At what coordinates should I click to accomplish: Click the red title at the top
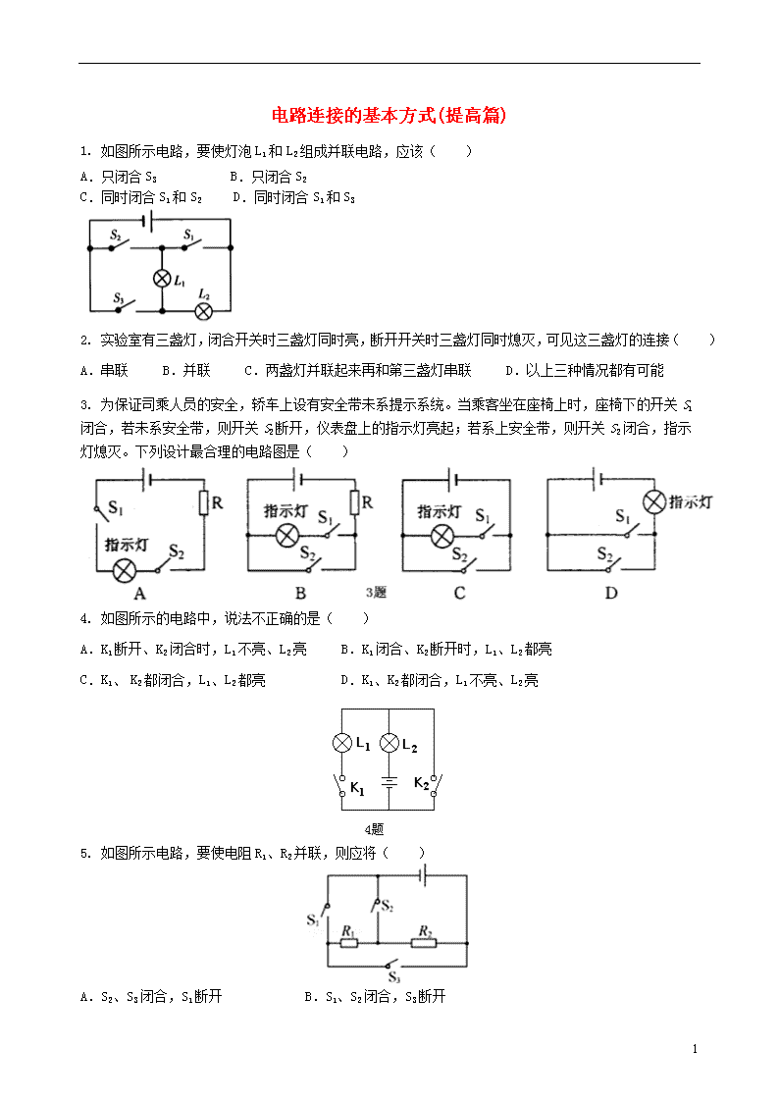389,115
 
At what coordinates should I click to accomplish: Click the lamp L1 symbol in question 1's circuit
162,279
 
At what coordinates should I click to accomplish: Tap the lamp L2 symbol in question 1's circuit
204,311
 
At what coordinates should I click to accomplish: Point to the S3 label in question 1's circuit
118,298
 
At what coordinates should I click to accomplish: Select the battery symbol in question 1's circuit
147,221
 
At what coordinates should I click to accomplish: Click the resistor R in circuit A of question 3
204,503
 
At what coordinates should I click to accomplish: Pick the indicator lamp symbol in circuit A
125,570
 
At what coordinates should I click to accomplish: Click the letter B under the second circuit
300,593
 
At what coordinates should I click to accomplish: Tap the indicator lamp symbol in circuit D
654,502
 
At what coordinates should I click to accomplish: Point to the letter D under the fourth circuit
611,593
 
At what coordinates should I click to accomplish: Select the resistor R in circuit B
355,502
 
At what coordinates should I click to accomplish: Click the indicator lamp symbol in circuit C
441,536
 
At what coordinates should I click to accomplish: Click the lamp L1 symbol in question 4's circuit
342,743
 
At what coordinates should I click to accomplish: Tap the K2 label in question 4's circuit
422,782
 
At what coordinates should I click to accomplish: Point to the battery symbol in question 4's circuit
389,781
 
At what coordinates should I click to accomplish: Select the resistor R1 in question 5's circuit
349,943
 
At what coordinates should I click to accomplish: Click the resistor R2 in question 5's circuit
424,943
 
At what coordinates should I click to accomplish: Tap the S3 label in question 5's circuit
394,977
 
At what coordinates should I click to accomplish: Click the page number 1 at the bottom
695,1049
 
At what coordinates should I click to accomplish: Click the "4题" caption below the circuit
375,829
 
